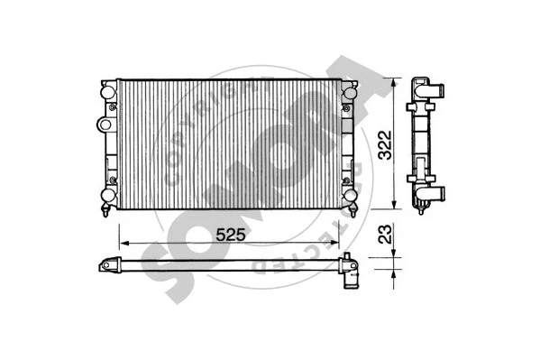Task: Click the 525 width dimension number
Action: tap(231, 234)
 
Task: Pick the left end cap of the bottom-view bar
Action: tap(109, 267)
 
